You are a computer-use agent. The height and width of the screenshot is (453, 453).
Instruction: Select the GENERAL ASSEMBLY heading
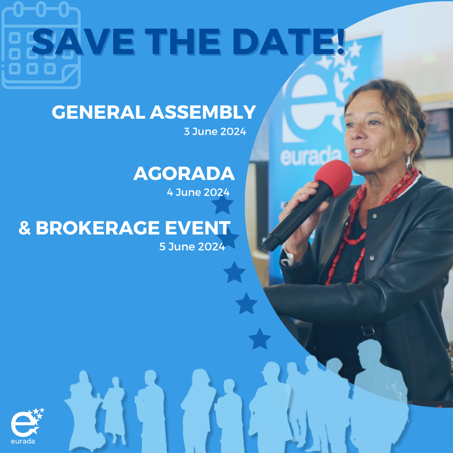[154, 112]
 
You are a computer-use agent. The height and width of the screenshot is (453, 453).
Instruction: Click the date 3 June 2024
[215, 131]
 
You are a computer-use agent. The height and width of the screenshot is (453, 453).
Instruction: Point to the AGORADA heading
[184, 173]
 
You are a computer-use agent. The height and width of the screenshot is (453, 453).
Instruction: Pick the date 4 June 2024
[198, 192]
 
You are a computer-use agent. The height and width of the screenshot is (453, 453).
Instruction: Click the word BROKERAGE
[98, 228]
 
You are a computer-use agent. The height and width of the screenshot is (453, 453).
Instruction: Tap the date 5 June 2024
[192, 247]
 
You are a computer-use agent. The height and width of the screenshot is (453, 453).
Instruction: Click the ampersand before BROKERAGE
[25, 228]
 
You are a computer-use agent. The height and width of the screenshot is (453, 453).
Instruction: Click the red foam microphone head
[333, 178]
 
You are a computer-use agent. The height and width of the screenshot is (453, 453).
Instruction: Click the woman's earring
[408, 163]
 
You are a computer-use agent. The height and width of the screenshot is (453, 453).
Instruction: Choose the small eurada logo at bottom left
[27, 426]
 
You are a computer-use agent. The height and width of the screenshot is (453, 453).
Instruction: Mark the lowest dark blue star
[260, 339]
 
